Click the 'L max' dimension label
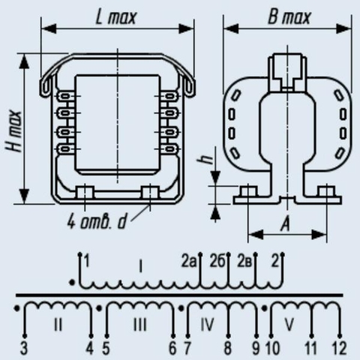click(116, 17)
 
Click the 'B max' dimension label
click(289, 17)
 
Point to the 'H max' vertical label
click(14, 131)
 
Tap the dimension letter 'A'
click(285, 223)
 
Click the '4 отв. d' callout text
click(97, 221)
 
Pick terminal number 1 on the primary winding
click(86, 261)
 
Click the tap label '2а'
click(188, 261)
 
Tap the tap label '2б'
click(217, 261)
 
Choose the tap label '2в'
click(244, 261)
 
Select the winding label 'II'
click(58, 325)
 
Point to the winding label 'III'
click(140, 325)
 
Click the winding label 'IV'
click(207, 325)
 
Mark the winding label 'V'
click(289, 325)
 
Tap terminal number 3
click(24, 348)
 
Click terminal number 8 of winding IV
click(228, 348)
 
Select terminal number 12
click(340, 348)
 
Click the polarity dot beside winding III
click(99, 308)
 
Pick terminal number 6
click(172, 348)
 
